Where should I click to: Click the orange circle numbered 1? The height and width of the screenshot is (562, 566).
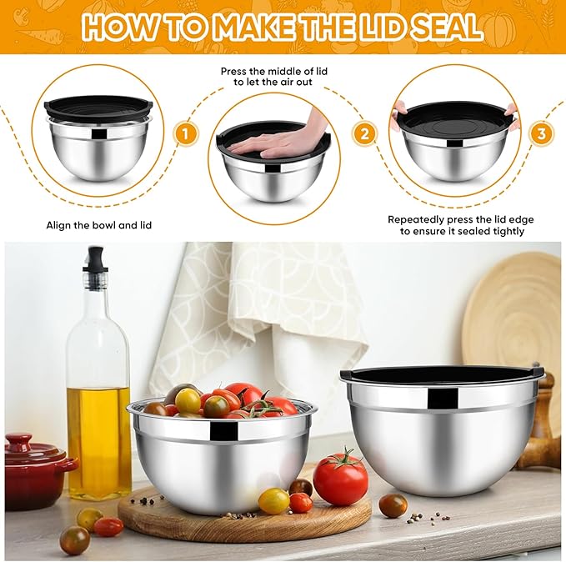pyautogui.click(x=185, y=133)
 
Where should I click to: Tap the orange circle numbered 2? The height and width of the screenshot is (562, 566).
pyautogui.click(x=363, y=133)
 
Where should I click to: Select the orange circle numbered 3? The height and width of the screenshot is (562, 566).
pyautogui.click(x=542, y=133)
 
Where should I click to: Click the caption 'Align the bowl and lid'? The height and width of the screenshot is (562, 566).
pyautogui.click(x=98, y=225)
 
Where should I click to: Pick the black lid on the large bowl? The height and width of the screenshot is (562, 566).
pyautogui.click(x=441, y=374)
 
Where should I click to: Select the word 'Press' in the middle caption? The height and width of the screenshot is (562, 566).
pyautogui.click(x=236, y=72)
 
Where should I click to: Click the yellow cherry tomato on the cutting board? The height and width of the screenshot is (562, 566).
pyautogui.click(x=273, y=500)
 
